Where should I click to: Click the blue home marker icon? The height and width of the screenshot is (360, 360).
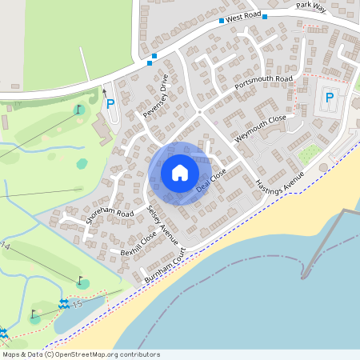(180, 173)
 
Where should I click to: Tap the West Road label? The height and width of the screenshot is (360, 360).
(244, 16)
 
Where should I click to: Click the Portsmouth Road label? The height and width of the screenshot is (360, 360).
(264, 83)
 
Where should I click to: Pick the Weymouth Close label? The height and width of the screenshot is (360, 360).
(261, 128)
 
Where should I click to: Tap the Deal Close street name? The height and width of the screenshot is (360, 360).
(213, 180)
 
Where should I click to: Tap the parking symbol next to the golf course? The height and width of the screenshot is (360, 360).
(110, 103)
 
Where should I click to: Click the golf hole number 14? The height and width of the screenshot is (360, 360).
(6, 245)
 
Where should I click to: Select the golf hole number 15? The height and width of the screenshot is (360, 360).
(77, 305)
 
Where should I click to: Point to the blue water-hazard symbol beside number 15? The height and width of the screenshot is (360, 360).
(62, 305)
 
